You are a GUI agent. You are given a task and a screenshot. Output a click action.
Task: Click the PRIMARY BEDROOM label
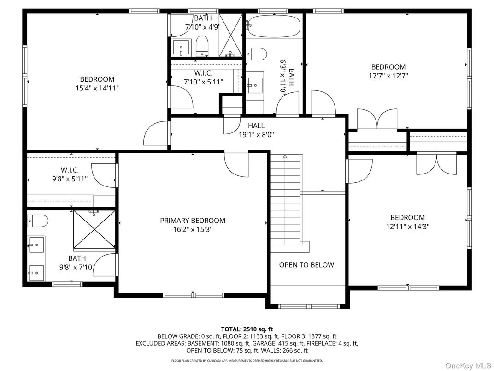tap(193, 221)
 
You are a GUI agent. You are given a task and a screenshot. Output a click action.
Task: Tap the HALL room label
tap(256, 126)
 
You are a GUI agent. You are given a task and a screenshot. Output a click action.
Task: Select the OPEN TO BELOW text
tap(306, 265)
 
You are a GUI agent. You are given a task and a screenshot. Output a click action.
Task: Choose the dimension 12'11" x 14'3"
tap(407, 227)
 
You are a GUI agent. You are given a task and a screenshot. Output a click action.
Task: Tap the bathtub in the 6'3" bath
tap(274, 26)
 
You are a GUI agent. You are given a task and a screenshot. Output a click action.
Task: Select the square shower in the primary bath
tap(94, 229)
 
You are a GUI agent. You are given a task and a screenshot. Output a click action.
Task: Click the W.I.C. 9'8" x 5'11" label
tap(70, 174)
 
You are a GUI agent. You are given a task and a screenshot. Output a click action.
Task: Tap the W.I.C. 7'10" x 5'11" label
tap(203, 78)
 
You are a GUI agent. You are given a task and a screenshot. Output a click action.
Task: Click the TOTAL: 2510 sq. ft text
tap(247, 329)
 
